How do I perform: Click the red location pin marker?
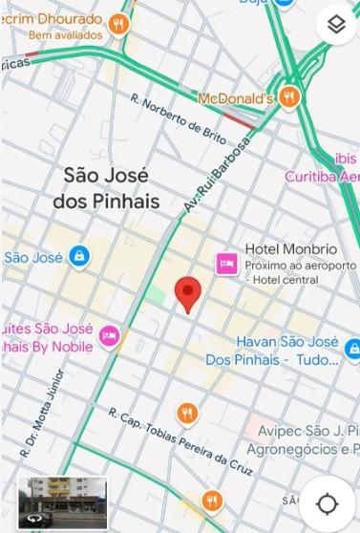(x=189, y=293)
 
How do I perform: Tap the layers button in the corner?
(x=335, y=26)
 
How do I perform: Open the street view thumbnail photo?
(x=63, y=501)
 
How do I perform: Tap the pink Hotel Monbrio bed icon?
(x=226, y=263)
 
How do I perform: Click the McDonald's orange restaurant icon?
(x=290, y=98)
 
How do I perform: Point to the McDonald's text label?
(x=236, y=98)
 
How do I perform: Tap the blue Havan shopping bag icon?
(x=351, y=350)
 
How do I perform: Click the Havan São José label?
(x=287, y=341)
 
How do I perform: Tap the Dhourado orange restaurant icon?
(x=118, y=24)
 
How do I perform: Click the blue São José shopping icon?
(x=78, y=256)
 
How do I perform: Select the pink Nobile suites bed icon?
(x=110, y=335)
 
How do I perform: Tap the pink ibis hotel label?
(x=346, y=158)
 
